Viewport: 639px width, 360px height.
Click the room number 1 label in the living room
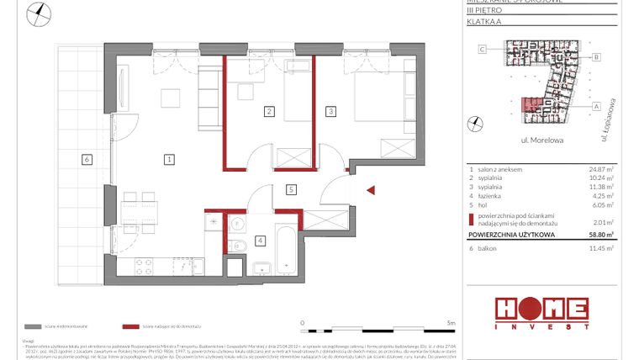169,158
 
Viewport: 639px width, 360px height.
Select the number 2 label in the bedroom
268,111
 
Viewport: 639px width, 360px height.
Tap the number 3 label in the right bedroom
331,111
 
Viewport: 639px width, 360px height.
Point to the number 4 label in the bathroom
261,241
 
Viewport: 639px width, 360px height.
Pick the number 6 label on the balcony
86,158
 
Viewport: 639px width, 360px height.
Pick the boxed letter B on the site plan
595,57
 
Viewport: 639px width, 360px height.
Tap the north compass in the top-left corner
39,13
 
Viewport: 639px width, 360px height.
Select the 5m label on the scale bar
451,322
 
